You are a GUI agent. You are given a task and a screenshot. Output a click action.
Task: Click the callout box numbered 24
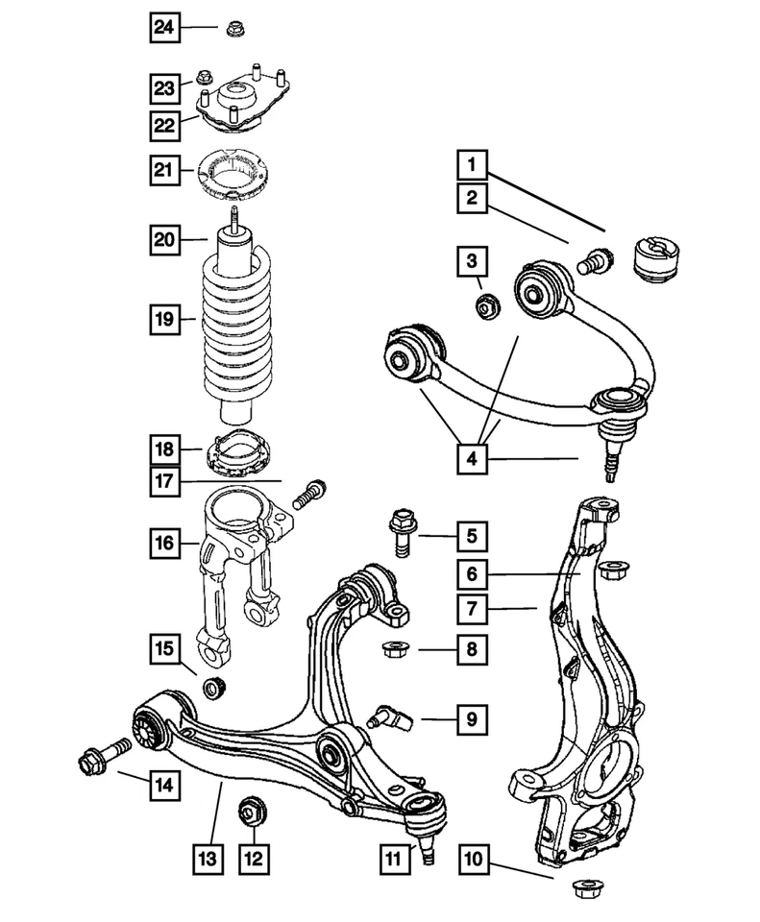164,29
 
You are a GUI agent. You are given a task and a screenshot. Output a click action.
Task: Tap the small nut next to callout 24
233,30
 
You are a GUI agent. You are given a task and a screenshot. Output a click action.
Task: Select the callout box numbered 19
164,318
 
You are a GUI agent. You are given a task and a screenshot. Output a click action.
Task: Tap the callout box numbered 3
472,260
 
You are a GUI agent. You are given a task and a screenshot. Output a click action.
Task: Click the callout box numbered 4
472,460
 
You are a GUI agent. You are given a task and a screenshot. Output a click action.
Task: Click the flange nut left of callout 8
394,650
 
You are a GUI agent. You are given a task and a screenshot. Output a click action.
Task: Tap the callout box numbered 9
472,716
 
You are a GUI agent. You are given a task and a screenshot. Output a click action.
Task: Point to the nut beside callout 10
583,889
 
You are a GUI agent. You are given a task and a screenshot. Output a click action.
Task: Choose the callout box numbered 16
164,544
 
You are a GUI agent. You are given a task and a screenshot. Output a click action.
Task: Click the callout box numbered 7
472,607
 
